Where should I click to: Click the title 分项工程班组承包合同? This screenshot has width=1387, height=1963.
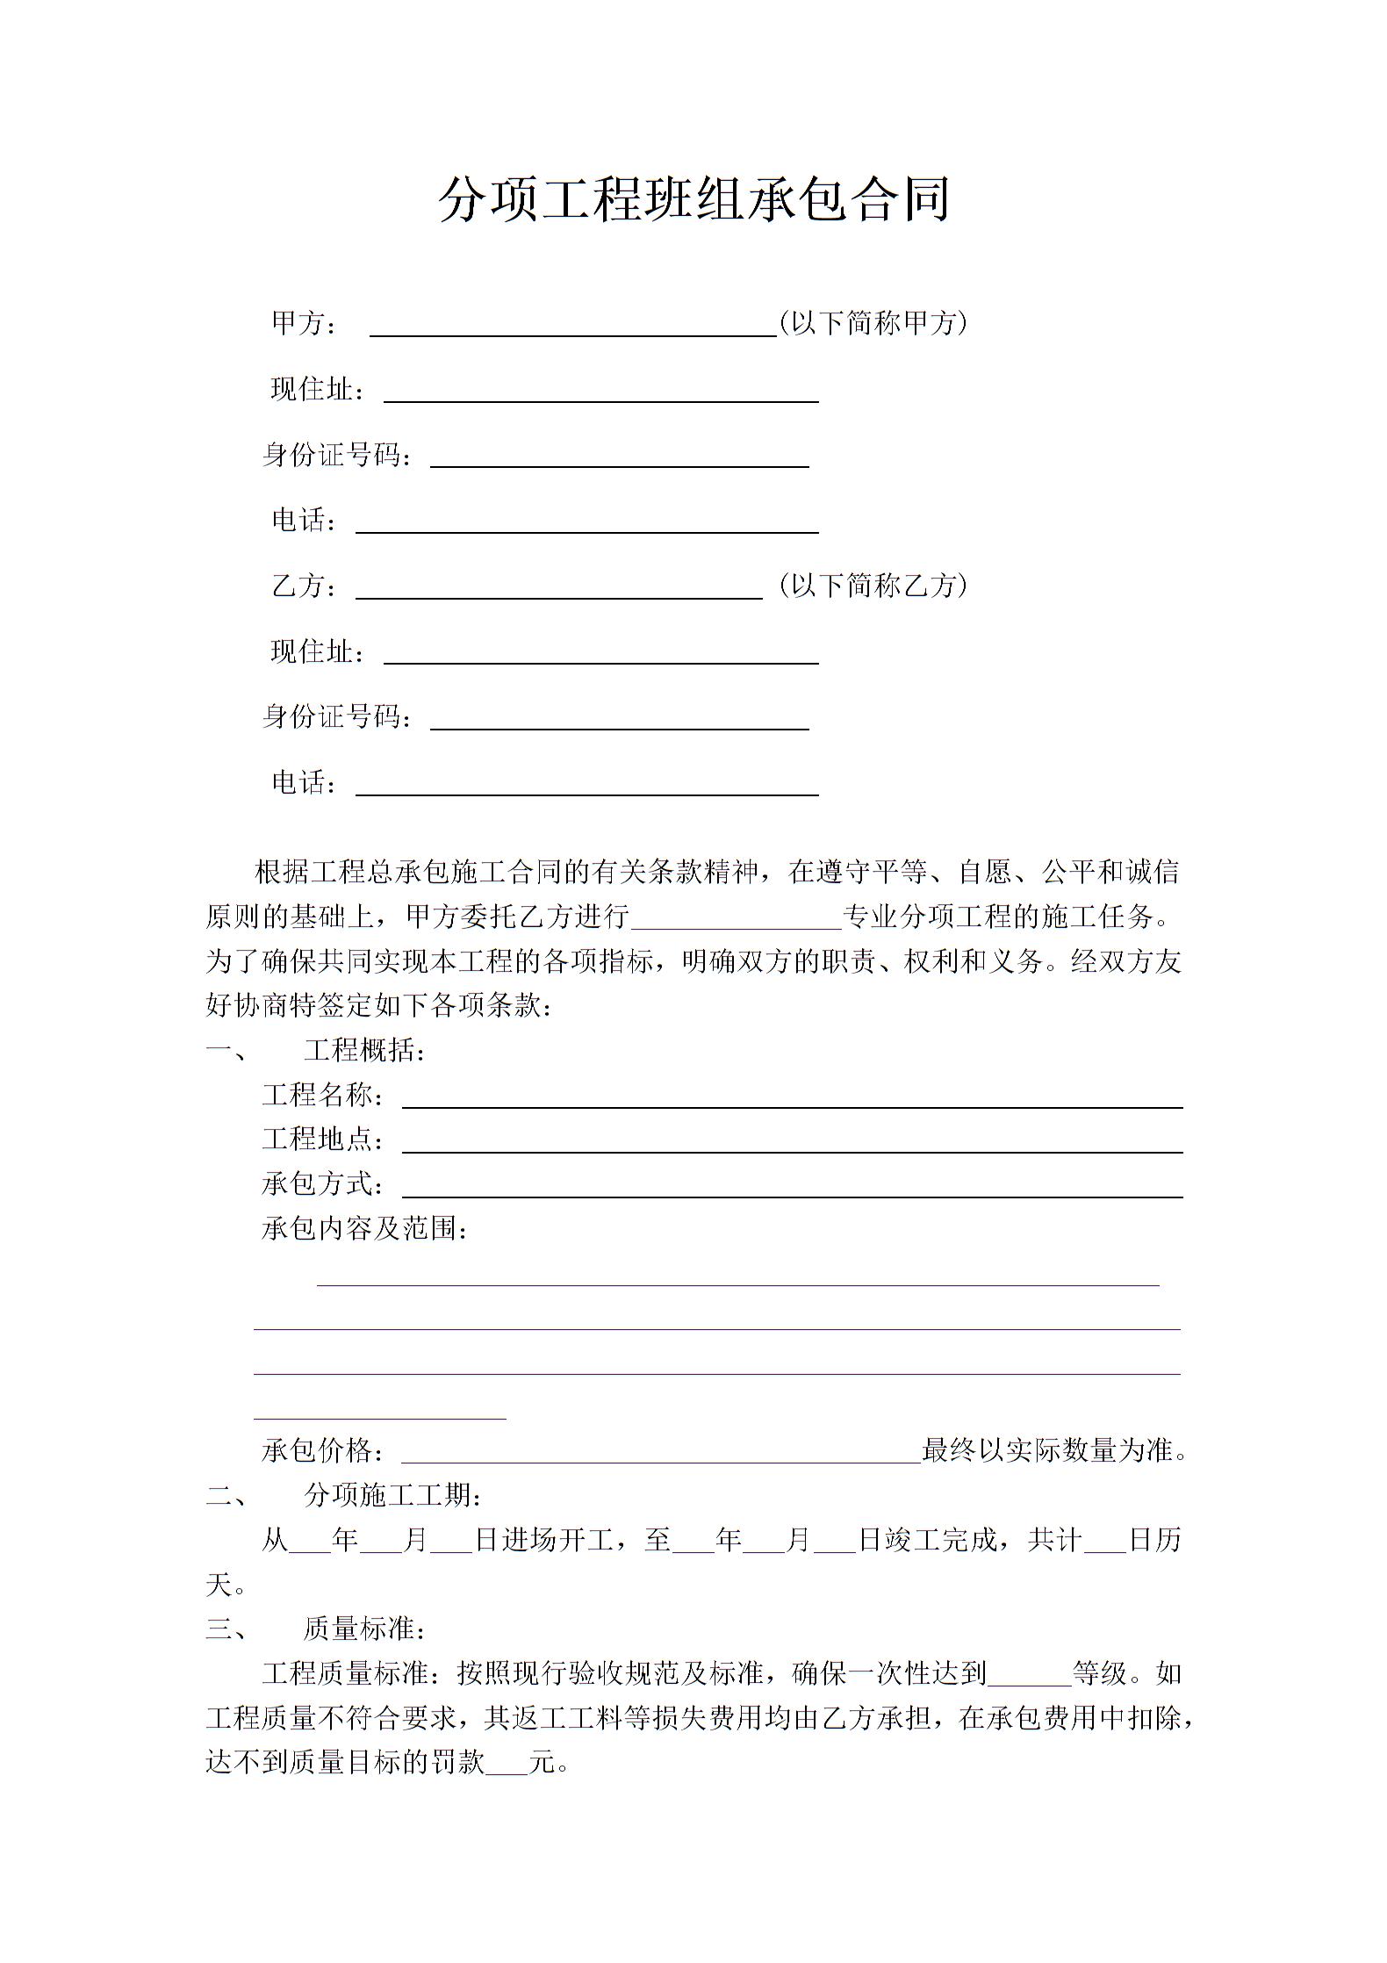click(693, 200)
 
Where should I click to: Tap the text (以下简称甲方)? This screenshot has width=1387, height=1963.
click(873, 323)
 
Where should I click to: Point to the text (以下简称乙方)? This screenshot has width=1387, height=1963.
click(873, 585)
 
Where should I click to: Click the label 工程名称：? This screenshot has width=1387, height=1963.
click(323, 1095)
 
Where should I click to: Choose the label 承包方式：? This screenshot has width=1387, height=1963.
click(323, 1183)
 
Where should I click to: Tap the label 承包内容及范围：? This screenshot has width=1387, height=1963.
click(365, 1228)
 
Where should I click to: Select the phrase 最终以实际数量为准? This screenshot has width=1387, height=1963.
click(1047, 1450)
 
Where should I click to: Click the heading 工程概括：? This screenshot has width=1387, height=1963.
click(365, 1050)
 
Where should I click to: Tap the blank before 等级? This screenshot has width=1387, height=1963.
click(1029, 1676)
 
